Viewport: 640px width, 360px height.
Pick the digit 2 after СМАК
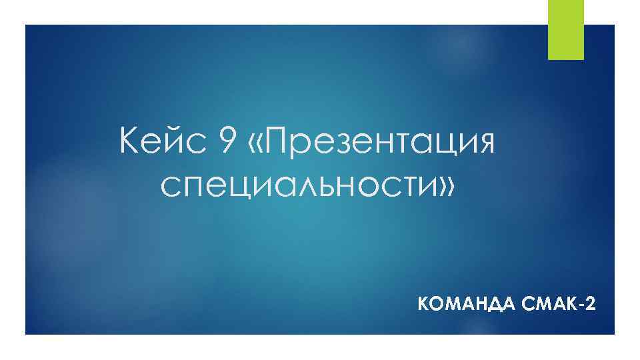click(589, 305)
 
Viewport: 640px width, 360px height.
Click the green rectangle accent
click(565, 29)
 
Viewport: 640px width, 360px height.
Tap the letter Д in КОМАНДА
click(491, 305)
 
